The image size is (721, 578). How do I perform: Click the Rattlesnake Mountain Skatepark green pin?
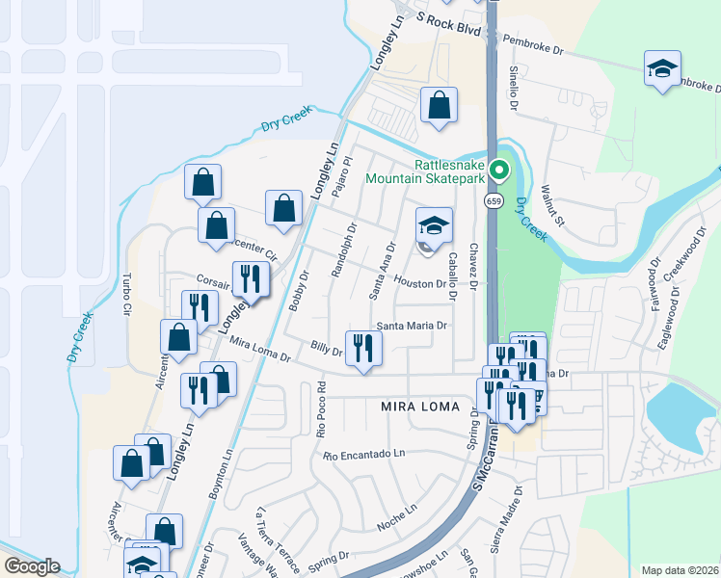point(498,171)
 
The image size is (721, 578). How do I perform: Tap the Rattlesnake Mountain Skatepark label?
point(424,170)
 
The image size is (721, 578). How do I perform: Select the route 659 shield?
point(494,200)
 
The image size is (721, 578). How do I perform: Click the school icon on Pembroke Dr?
point(662,68)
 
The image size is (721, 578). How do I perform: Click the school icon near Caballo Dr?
point(434,226)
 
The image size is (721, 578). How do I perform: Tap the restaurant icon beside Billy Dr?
point(363,347)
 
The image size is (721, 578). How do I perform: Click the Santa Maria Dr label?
point(412,326)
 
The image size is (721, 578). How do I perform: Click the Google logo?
point(32,565)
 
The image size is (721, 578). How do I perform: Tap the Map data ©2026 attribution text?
point(679,570)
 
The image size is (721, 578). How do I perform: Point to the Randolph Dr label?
point(344,251)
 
